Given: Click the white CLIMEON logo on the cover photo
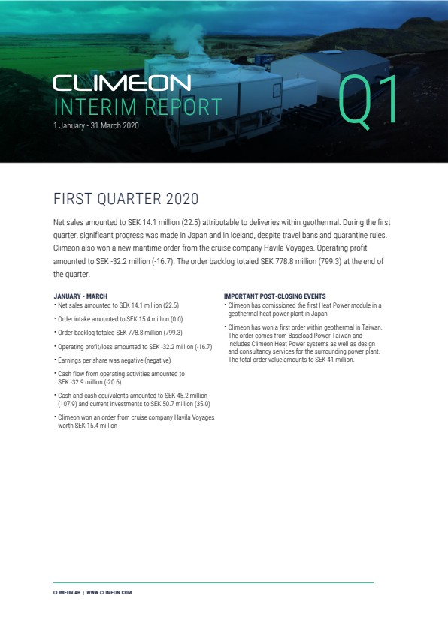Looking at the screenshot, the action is tap(122, 83).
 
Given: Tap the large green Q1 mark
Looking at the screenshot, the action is tap(367, 101).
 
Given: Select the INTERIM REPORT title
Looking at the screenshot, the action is tap(138, 107).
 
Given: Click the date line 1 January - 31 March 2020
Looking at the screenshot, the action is tap(96, 126).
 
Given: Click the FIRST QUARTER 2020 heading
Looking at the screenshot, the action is tap(126, 199).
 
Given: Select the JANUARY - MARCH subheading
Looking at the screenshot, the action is tap(80, 296).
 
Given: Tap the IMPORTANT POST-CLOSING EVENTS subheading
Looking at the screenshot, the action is tap(275, 296).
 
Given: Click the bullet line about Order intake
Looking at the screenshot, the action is tap(120, 319).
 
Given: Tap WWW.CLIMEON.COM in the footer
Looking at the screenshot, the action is tap(109, 593).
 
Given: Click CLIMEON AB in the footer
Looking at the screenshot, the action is tap(67, 593).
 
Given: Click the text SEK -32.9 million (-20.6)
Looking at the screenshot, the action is tap(89, 383).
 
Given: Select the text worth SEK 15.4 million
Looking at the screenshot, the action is tap(88, 426).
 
